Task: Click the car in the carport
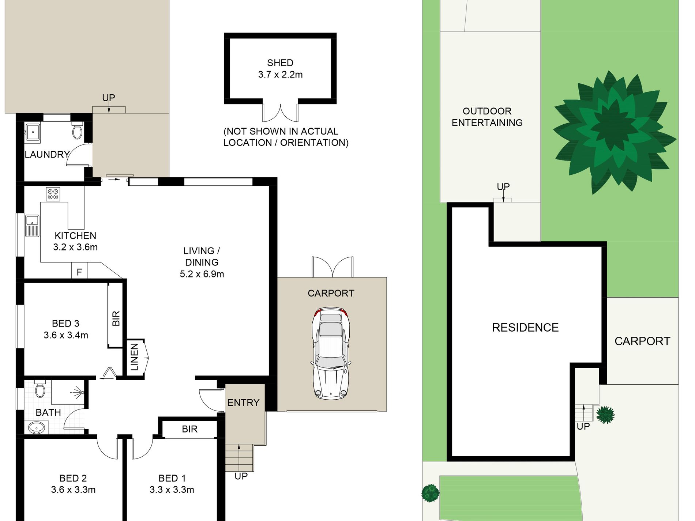331,353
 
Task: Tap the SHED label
280,63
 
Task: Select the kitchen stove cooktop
53,194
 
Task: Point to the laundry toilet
77,131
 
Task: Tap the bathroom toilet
40,389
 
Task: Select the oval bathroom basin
36,427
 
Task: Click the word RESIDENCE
525,328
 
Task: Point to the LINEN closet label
135,357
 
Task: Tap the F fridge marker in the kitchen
79,272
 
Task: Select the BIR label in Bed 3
116,318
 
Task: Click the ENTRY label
243,403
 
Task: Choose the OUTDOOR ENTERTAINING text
487,117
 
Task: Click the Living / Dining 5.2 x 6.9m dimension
202,274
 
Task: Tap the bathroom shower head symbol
78,393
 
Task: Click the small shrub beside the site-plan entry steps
605,415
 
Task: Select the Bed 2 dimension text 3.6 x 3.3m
73,490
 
